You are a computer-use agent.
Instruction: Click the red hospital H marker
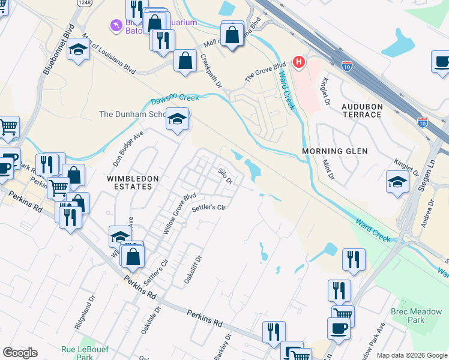pyautogui.click(x=298, y=62)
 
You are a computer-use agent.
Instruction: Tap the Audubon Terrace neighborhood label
pyautogui.click(x=361, y=110)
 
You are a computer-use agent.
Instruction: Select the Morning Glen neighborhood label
pyautogui.click(x=335, y=151)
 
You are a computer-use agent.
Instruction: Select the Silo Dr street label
pyautogui.click(x=225, y=176)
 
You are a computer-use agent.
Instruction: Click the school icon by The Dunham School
pyautogui.click(x=178, y=119)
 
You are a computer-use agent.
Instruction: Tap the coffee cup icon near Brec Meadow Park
pyautogui.click(x=338, y=328)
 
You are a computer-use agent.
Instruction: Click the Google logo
pyautogui.click(x=20, y=353)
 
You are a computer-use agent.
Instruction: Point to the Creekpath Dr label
pyautogui.click(x=211, y=71)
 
